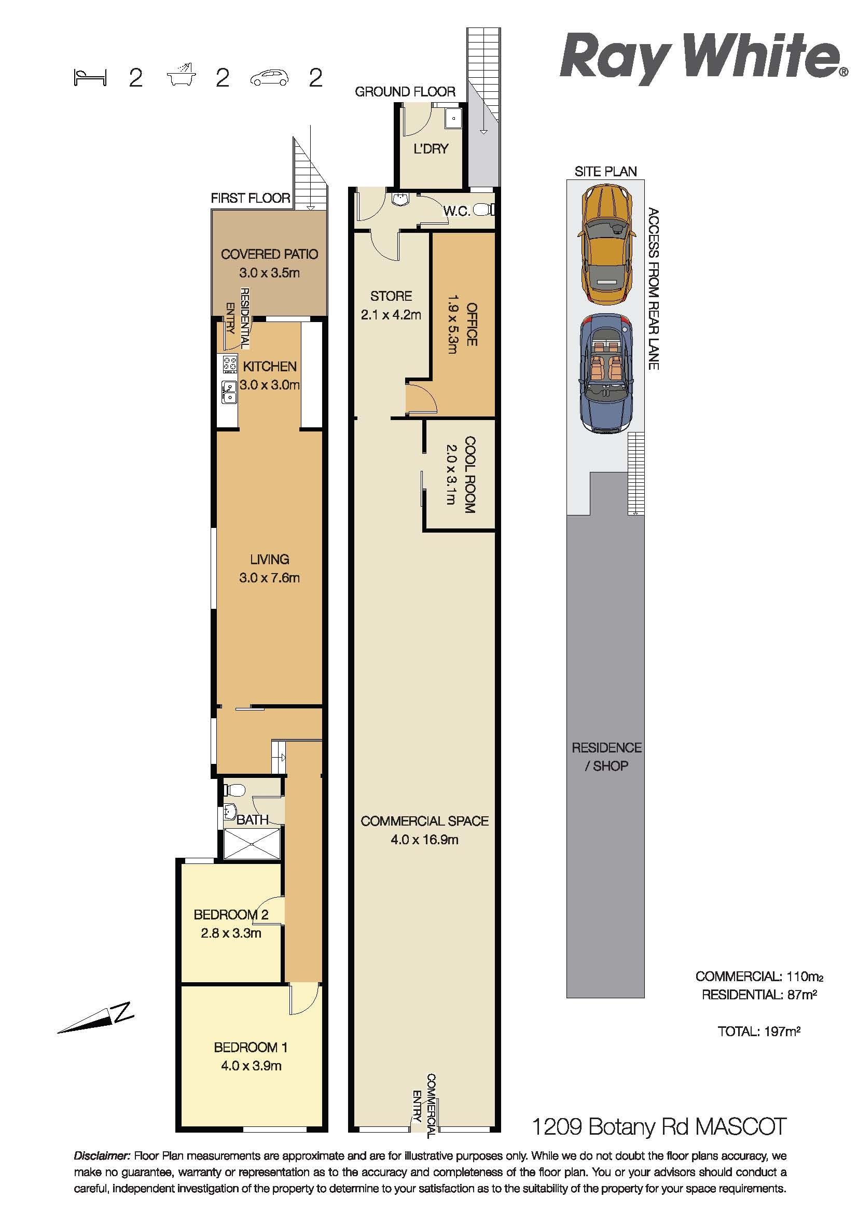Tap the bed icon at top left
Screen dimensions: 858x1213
(90, 78)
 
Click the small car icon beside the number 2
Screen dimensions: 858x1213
(270, 78)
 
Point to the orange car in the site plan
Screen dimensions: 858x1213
(606, 247)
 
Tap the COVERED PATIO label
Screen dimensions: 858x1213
(269, 254)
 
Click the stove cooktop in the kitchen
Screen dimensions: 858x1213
(230, 364)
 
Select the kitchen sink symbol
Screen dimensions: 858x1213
(229, 393)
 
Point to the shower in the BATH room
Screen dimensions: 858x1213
(252, 844)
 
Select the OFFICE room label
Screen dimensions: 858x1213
(471, 324)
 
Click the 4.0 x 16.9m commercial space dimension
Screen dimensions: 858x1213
(424, 839)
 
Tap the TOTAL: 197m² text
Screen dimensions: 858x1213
(759, 1030)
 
